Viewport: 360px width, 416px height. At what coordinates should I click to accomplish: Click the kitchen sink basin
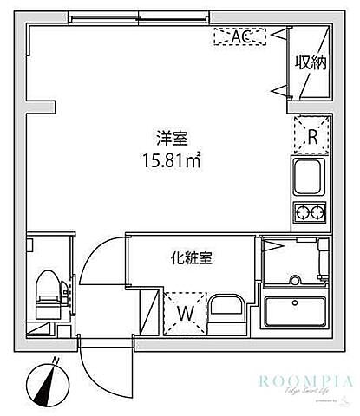[309, 179]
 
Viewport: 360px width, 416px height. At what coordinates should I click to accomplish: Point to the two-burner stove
[309, 211]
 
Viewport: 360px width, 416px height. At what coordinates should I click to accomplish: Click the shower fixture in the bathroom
[295, 280]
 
